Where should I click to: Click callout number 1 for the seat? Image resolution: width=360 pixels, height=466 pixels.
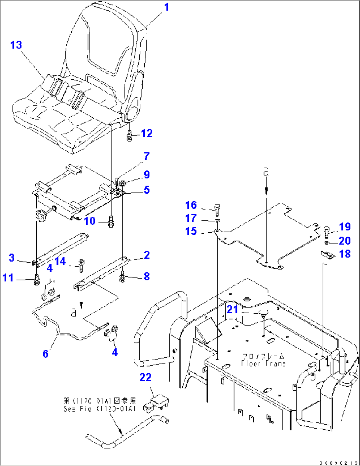166,7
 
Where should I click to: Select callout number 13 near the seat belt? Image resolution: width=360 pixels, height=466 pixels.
16,45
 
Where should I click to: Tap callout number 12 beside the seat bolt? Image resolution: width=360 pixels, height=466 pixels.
147,133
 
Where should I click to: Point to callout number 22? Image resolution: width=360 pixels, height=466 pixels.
145,377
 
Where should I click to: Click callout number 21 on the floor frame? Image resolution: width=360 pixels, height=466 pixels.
232,309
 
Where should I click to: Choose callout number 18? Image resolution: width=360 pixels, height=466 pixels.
345,254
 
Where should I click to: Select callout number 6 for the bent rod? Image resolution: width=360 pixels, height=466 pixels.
46,354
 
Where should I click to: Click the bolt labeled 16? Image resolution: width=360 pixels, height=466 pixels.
217,210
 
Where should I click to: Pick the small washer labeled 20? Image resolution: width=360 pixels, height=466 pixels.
326,243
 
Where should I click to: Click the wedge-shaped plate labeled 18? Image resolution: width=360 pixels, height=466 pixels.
328,254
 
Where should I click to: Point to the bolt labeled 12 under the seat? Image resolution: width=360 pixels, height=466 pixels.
129,136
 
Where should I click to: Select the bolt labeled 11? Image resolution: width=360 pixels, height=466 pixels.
37,280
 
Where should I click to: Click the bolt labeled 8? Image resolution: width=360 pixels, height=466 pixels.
123,277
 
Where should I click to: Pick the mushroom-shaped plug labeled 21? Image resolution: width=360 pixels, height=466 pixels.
263,312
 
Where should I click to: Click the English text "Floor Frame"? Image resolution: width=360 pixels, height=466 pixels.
263,364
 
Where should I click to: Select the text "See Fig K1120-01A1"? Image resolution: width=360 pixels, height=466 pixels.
100,409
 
